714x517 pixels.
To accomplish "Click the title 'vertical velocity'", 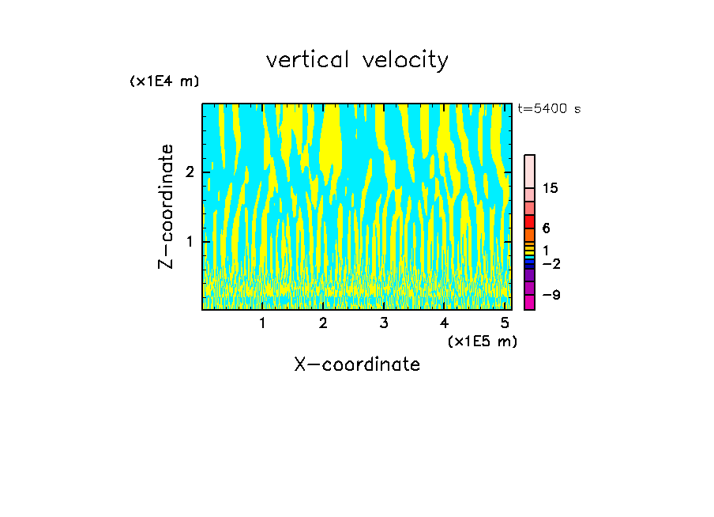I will pos(357,60).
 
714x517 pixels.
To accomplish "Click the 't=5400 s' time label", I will pos(549,109).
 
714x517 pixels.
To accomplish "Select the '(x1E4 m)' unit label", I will pos(164,81).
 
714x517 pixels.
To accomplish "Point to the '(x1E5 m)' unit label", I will pos(482,341).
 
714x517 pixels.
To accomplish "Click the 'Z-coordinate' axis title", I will pos(166,206).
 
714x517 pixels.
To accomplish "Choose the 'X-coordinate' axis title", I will pos(357,364).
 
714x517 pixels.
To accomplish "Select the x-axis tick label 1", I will pos(263,323).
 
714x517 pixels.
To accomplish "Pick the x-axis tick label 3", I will pos(384,323).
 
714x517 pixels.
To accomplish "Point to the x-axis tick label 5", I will pos(505,323).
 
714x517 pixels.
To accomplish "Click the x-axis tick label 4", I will pos(444,323).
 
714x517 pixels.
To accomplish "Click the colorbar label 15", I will pos(551,188).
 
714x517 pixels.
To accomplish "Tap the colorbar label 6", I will pos(546,228).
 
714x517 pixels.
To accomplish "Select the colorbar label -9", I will pos(551,296).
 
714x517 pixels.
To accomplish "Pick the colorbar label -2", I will pos(551,263).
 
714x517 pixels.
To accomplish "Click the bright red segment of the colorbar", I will pos(529,222).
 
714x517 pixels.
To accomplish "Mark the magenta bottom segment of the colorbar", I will pos(529,303).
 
